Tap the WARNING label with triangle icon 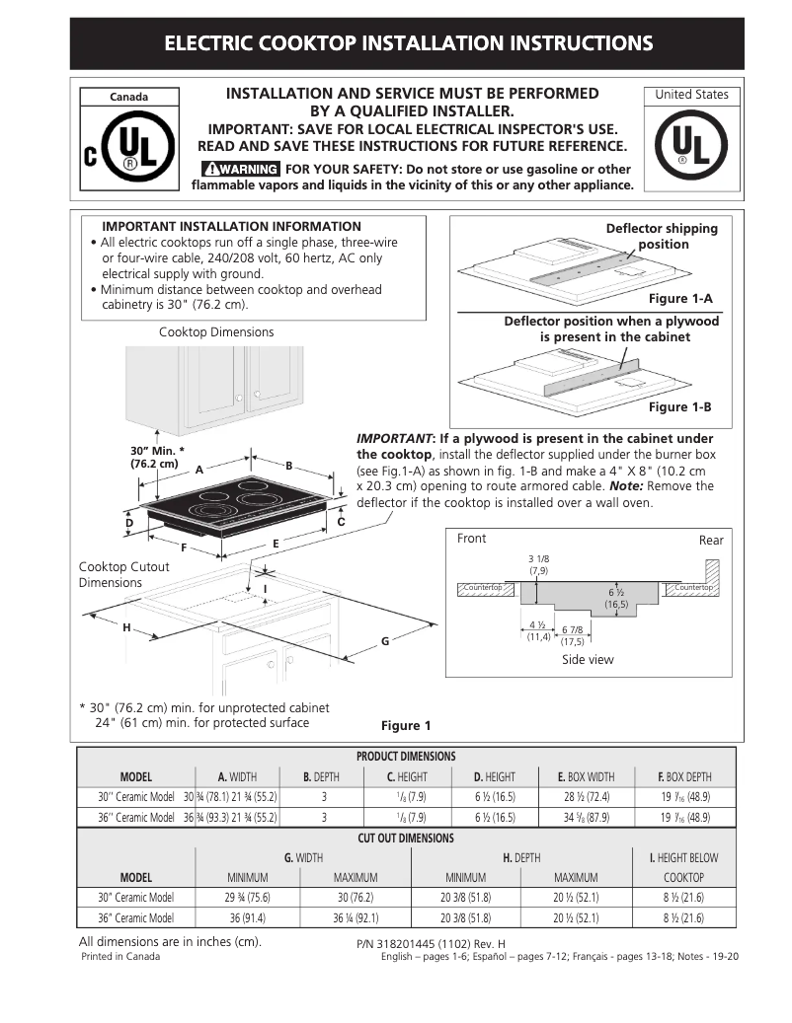(x=239, y=169)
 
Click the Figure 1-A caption (x=679, y=298)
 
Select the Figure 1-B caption (x=679, y=406)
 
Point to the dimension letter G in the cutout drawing (x=385, y=642)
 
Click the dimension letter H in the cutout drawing (x=126, y=628)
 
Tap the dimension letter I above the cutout (x=266, y=590)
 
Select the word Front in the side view (x=472, y=539)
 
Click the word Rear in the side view (x=711, y=540)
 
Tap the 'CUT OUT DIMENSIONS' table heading (x=405, y=839)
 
